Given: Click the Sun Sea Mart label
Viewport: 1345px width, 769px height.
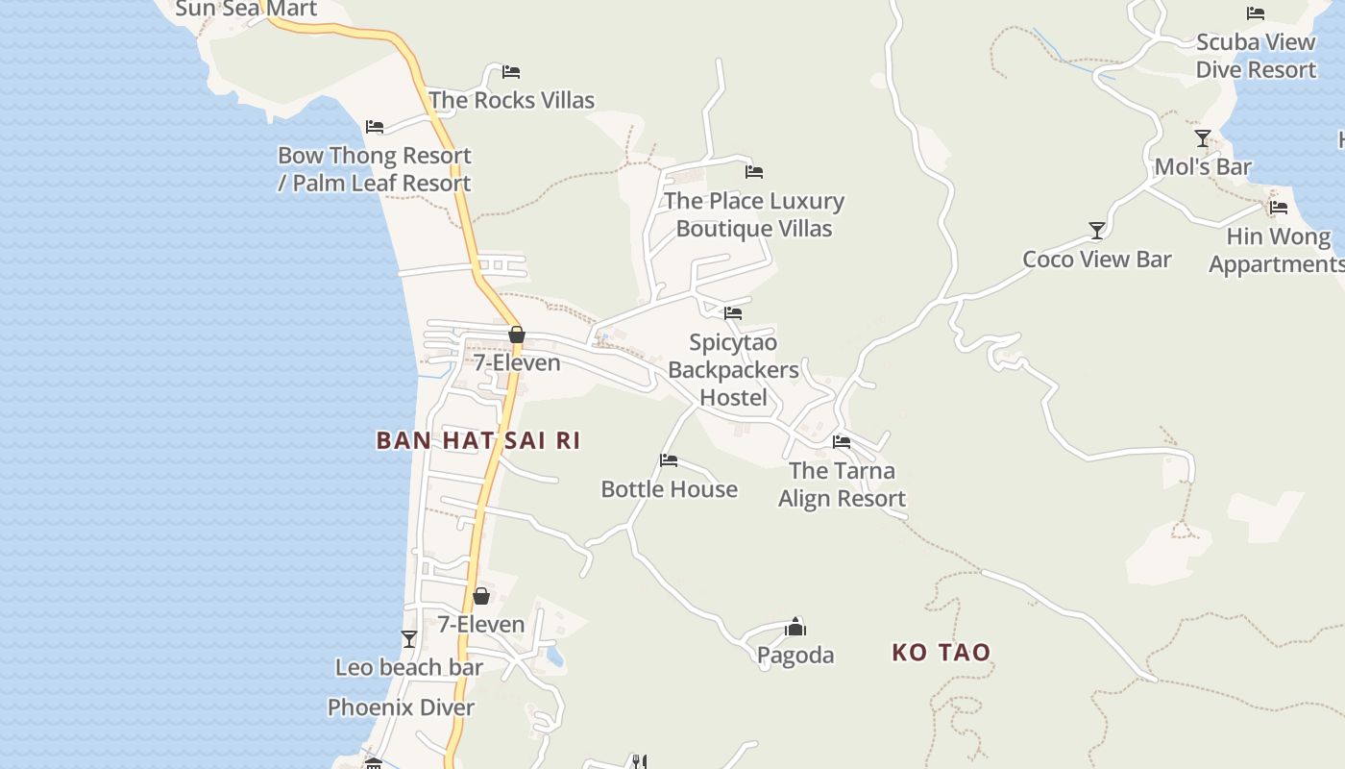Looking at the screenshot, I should click(246, 10).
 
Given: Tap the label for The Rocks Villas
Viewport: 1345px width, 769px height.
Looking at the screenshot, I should click(511, 100).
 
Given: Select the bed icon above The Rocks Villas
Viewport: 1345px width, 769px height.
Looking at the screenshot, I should click(511, 72).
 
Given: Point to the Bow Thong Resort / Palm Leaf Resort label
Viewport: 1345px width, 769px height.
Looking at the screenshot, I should click(375, 169).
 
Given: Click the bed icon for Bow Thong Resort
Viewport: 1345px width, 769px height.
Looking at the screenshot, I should click(375, 127).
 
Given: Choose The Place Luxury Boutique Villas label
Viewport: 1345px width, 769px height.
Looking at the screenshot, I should click(754, 214).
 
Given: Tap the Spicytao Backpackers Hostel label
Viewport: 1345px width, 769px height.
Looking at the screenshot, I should click(733, 370).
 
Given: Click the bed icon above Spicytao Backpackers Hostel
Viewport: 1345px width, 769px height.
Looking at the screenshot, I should click(733, 313).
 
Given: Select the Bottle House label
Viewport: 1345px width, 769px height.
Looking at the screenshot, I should click(669, 489).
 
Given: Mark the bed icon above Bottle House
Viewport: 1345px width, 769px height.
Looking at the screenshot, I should click(669, 460).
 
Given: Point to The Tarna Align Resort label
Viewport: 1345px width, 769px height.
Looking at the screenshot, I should click(842, 484).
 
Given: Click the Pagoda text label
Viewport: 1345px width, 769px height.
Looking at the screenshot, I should click(795, 656).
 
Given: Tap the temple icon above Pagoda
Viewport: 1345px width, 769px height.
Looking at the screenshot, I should click(795, 628).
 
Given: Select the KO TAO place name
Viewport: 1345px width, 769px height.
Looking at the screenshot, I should click(941, 653).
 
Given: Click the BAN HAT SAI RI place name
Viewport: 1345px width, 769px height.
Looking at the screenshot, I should click(478, 440).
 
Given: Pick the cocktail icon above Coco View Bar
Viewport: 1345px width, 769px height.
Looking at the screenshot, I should click(1096, 231).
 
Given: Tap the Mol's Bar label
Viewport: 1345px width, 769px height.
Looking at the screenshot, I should click(1203, 167).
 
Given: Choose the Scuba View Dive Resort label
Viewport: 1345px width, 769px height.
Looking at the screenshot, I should click(1256, 56).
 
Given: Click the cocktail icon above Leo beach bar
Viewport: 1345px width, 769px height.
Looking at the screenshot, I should click(409, 639).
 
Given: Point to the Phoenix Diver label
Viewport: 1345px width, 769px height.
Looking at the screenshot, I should click(401, 708).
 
